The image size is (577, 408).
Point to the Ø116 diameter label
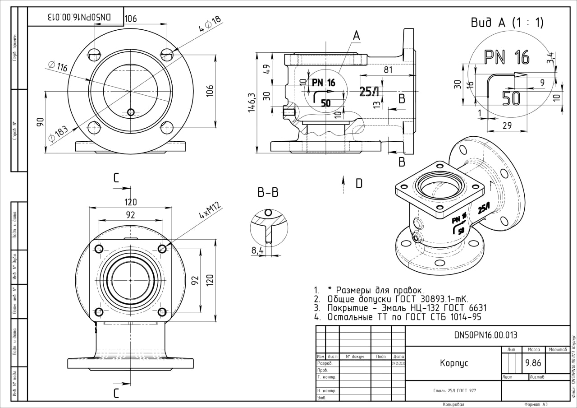point(58,66)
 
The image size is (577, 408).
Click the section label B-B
point(268,193)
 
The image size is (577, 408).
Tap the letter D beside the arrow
point(359,183)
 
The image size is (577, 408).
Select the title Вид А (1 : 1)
point(507,23)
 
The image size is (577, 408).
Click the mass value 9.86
point(533,362)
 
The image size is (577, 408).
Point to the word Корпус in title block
point(454,363)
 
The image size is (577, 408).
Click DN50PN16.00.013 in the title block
point(485,335)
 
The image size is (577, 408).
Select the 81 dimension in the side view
point(388,70)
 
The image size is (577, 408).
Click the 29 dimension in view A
point(506,126)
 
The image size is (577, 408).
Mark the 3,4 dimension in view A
point(550,58)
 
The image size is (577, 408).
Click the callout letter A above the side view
point(356,36)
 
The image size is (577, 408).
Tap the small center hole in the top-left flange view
point(131,111)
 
